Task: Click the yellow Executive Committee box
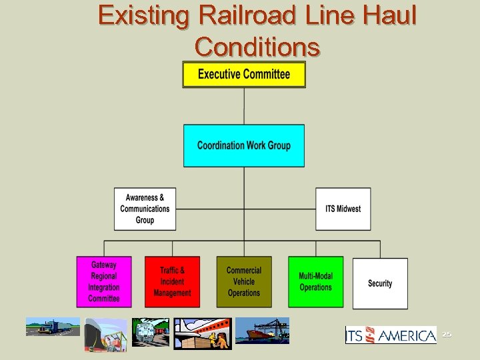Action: point(244,74)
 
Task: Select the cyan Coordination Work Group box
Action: point(244,145)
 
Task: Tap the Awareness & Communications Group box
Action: point(145,209)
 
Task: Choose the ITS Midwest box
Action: point(343,209)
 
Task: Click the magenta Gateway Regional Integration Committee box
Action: point(103,282)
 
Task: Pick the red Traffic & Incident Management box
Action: point(172,282)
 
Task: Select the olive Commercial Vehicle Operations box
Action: point(244,282)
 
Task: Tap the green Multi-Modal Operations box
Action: point(315,282)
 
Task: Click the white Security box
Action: point(380,283)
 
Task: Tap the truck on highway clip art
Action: point(52,327)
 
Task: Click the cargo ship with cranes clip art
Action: point(262,331)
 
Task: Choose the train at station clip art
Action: point(150,332)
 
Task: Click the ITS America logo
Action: point(391,335)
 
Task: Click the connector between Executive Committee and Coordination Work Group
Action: point(244,106)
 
